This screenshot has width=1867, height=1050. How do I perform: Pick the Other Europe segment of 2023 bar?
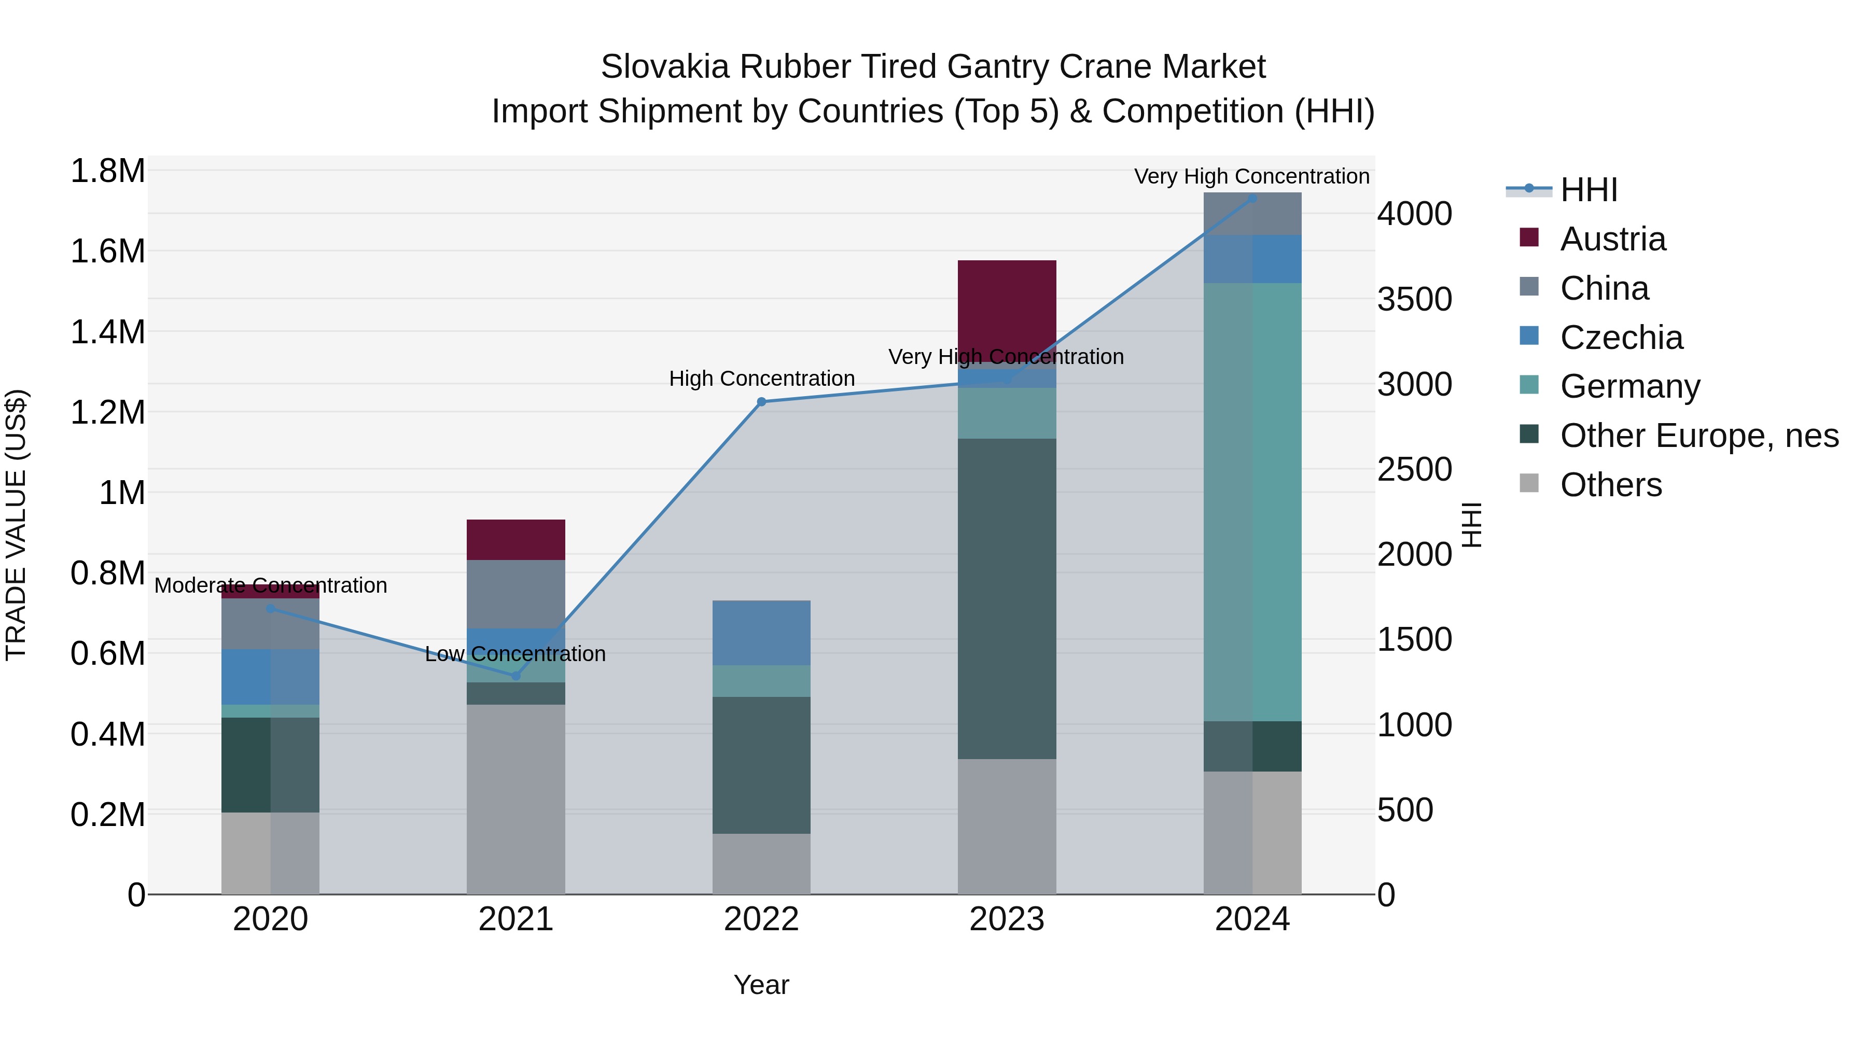pos(1007,598)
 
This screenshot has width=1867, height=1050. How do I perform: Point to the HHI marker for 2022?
pos(761,401)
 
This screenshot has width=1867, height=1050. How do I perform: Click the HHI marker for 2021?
pos(516,675)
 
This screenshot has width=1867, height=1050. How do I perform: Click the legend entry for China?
pos(1604,288)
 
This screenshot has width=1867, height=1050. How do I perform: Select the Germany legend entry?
pos(1629,386)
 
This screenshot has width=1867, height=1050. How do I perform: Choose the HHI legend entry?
pos(1588,190)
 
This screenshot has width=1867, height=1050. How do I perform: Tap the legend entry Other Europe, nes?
pos(1698,436)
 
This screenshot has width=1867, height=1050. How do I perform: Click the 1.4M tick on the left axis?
pos(107,332)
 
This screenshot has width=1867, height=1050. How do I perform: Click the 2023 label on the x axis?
pos(1007,919)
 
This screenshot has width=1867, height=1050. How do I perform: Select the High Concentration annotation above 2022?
pos(761,379)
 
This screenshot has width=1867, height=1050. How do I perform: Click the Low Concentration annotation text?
pos(515,654)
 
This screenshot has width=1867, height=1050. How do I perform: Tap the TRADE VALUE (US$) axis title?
pos(16,525)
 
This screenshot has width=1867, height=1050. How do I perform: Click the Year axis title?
pos(761,985)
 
